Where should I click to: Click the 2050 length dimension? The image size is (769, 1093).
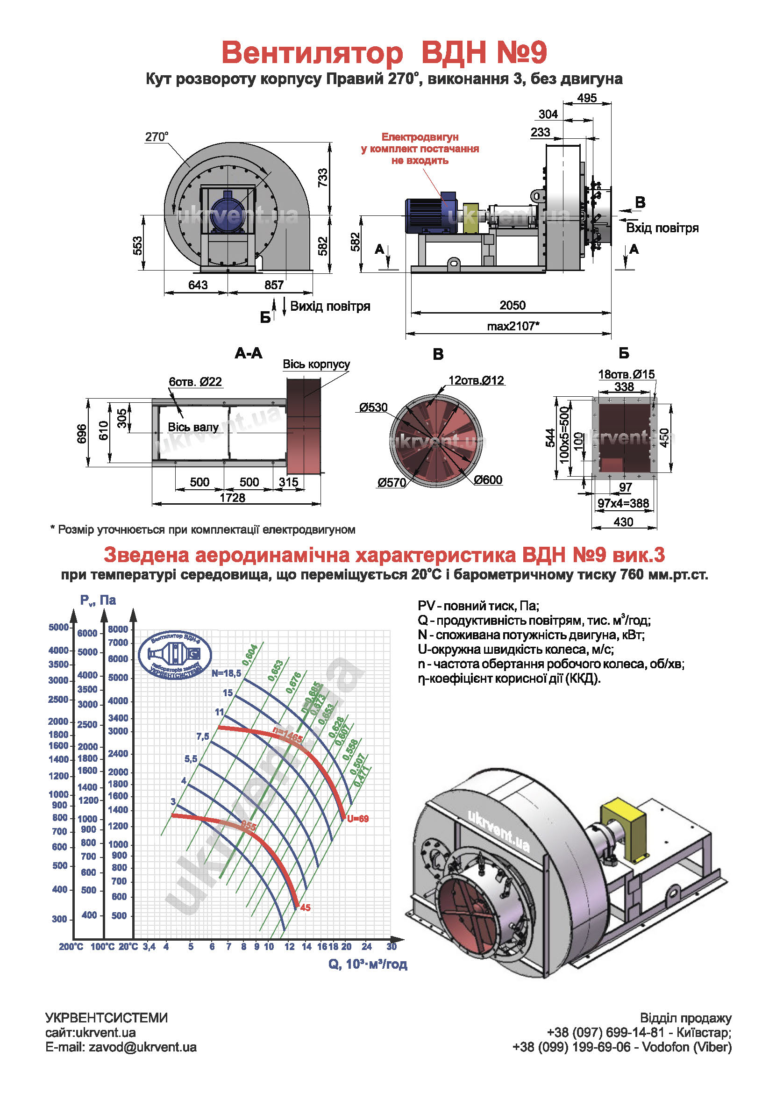coord(512,305)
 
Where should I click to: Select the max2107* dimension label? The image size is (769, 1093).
coord(513,326)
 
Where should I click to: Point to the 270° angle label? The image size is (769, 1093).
coord(157,137)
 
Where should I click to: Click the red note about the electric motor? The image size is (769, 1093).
coord(420,149)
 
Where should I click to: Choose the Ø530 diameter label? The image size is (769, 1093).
coord(374,407)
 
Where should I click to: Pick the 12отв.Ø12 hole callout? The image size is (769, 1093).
coord(476,380)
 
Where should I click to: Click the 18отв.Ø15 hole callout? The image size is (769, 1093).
coord(626,375)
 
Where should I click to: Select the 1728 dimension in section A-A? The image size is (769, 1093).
coord(232,498)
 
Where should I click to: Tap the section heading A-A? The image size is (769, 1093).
coord(249,353)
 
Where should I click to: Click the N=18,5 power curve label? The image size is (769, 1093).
coord(227,673)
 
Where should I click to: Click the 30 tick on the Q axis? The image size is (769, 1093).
coord(391,946)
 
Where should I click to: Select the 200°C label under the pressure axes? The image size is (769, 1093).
coord(71,947)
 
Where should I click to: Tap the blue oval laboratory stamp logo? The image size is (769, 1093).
coord(175,655)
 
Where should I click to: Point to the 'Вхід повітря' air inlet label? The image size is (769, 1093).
coord(662,228)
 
